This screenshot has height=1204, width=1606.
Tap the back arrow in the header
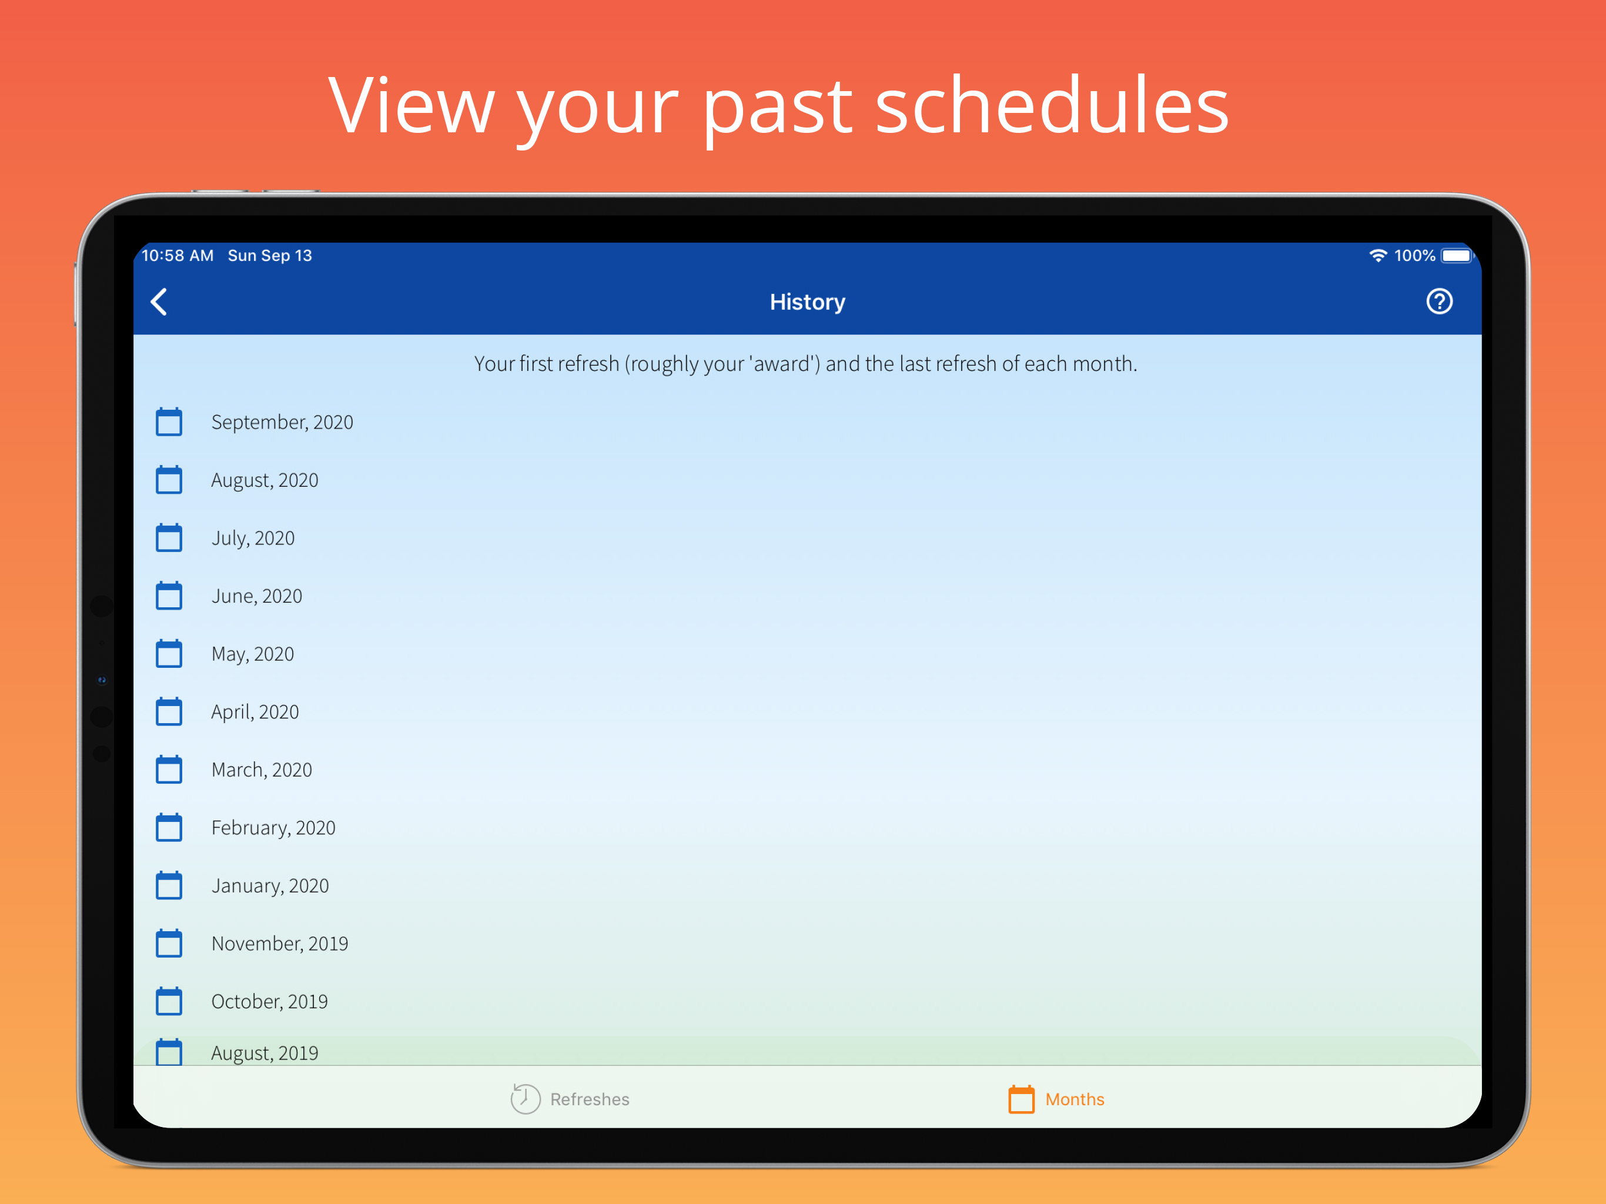[x=159, y=302]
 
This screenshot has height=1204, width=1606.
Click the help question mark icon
[x=1439, y=302]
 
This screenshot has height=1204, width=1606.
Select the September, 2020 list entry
[x=282, y=422]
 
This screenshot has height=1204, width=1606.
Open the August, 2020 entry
[x=265, y=480]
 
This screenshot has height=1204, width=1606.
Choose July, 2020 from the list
[x=253, y=538]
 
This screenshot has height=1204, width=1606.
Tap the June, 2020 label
[x=256, y=596]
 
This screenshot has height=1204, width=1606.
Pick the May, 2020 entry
[x=253, y=654]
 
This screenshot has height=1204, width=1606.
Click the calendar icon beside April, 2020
[x=169, y=712]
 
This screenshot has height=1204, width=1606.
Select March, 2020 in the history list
[x=262, y=770]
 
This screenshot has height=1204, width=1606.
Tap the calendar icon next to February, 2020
[x=169, y=828]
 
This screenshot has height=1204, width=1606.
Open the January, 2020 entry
[x=270, y=886]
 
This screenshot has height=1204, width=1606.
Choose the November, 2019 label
[x=280, y=944]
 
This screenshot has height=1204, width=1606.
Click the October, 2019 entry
[x=269, y=1001]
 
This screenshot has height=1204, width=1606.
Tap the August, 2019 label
[x=265, y=1053]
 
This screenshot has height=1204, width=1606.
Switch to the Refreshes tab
[x=570, y=1099]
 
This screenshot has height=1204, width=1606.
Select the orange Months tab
[x=1056, y=1099]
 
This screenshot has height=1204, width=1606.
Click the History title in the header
[x=807, y=302]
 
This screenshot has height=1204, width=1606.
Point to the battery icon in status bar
[x=1458, y=256]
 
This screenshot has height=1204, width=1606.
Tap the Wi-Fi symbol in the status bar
[x=1378, y=256]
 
